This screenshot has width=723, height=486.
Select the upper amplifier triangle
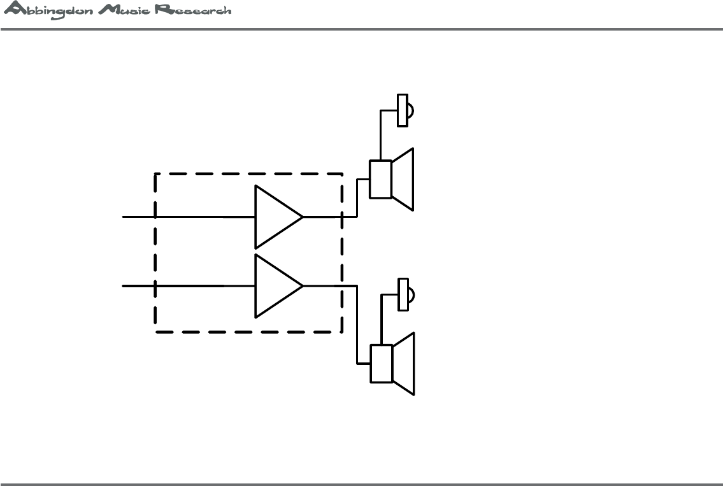point(275,217)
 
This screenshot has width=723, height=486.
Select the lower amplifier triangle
point(275,286)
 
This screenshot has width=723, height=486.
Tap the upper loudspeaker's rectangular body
point(381,179)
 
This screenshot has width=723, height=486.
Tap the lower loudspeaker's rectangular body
point(381,364)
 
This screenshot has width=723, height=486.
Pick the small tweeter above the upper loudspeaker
point(403,111)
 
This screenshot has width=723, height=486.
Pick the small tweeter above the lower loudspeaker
point(403,294)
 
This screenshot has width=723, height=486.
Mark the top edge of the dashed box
point(248,173)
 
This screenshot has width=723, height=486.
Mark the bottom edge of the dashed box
point(248,332)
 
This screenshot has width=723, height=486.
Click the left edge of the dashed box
point(155,255)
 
